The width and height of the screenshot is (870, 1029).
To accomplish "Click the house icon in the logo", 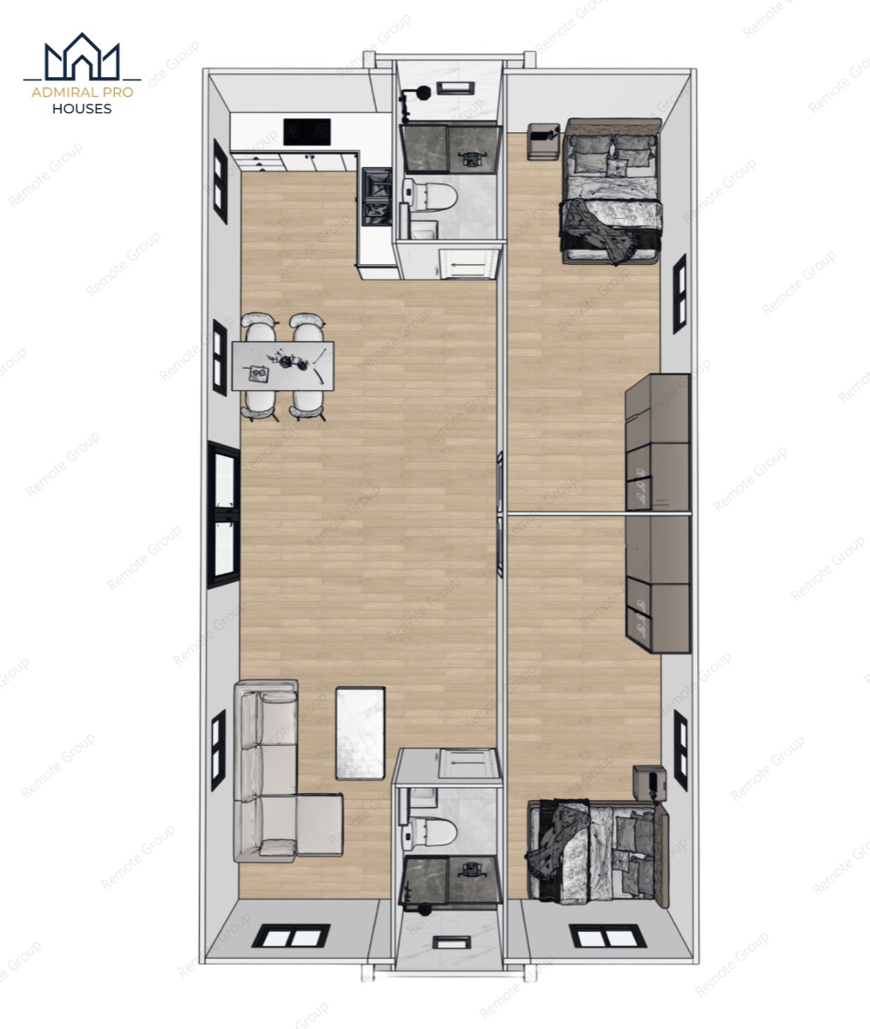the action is click(82, 57).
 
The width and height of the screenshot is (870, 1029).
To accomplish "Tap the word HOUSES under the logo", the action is click(82, 109).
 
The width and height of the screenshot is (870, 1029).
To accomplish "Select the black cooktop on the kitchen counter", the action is click(307, 131).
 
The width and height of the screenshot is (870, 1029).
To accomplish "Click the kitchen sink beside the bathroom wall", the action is click(377, 196).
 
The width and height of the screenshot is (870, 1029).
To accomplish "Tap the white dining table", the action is click(282, 365).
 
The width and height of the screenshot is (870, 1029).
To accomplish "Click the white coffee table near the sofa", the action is click(360, 733).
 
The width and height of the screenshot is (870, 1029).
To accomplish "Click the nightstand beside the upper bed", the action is click(543, 141).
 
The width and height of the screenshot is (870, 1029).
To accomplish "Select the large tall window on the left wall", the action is click(223, 514).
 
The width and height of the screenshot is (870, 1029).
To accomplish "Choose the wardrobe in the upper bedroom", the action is click(657, 442).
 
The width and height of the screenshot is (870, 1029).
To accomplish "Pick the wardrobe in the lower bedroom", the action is click(657, 584).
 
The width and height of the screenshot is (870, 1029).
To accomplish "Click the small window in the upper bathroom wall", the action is click(456, 88).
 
